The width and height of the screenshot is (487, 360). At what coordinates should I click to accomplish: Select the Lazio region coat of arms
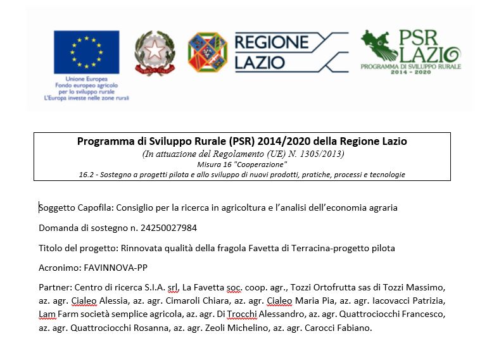(x=207, y=51)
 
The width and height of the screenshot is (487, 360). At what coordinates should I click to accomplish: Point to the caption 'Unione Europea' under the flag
(x=86, y=78)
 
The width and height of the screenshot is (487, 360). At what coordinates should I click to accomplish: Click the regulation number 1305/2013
(x=323, y=154)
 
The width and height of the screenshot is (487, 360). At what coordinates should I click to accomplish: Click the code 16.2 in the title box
(x=86, y=174)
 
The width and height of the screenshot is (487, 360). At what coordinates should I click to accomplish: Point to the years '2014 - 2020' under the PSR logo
(x=411, y=73)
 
